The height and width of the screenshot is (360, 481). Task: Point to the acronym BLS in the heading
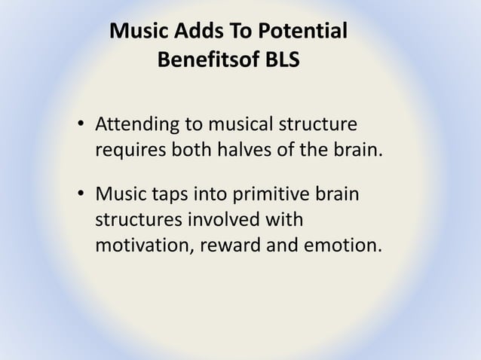click(278, 59)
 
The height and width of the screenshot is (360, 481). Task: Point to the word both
click(184, 149)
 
